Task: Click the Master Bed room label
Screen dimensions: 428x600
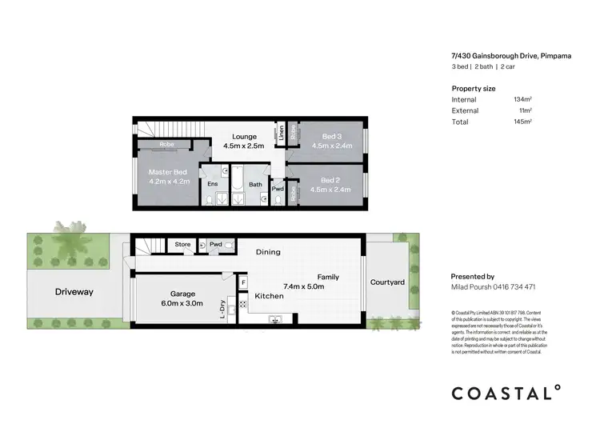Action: click(168, 172)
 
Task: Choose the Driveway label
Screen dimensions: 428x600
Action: click(74, 292)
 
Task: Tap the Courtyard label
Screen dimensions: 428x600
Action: click(387, 282)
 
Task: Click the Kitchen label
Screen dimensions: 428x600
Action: click(269, 297)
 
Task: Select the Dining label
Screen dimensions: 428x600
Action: click(268, 253)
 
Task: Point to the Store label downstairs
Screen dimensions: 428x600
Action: click(183, 244)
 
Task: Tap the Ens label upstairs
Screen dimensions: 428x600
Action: click(212, 185)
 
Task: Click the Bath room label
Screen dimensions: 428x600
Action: click(255, 185)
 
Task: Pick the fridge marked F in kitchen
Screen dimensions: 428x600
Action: click(242, 283)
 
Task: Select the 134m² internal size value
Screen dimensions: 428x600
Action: click(523, 99)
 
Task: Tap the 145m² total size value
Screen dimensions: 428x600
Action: click(523, 122)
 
